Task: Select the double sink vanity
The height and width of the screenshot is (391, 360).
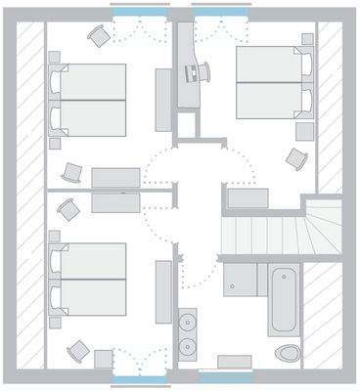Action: tap(188, 331)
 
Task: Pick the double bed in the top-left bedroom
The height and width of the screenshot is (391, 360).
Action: tap(90, 102)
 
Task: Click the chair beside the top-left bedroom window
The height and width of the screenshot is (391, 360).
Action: tap(97, 36)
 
